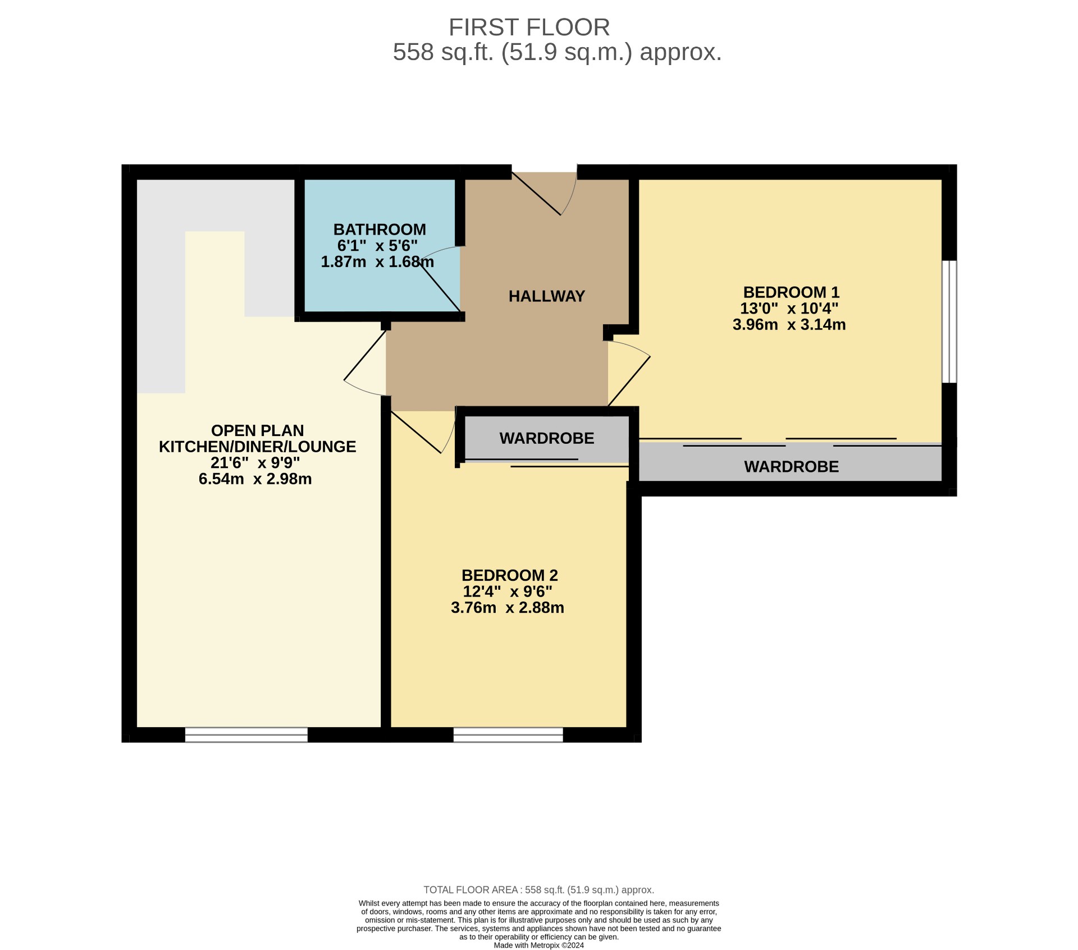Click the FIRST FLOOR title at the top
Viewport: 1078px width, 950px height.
(x=529, y=27)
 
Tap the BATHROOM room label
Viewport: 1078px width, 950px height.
(x=380, y=230)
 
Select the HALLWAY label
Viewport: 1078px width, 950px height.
(x=546, y=296)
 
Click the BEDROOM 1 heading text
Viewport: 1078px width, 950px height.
(x=791, y=292)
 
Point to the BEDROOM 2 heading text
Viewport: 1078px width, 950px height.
(x=509, y=575)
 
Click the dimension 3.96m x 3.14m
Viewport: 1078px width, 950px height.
(x=789, y=325)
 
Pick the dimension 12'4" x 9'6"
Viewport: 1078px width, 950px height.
(x=508, y=591)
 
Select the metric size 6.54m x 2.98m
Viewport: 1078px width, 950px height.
(x=255, y=479)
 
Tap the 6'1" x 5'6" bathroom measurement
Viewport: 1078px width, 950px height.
(x=377, y=246)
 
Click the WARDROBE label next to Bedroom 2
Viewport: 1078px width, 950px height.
(x=546, y=438)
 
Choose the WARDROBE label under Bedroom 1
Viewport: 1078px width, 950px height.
(x=791, y=467)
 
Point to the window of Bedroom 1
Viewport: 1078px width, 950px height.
(x=948, y=322)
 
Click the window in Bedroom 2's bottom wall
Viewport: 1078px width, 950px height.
(x=508, y=735)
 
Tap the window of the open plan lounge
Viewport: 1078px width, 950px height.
(x=246, y=735)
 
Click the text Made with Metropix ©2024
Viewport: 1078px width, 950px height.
(x=538, y=945)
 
